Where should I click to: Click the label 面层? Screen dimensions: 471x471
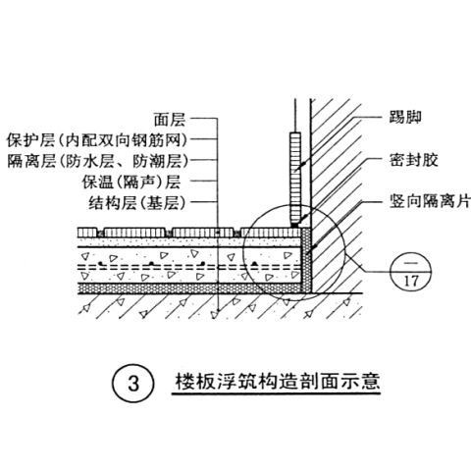pos(170,120)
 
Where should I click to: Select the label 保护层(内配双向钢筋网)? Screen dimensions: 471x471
pos(98,140)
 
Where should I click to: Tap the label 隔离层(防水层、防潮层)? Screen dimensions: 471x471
pos(98,161)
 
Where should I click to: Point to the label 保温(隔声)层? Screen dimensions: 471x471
pos(131,182)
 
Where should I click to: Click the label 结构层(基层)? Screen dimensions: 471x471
pos(137,203)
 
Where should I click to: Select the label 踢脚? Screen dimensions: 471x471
pos(405,117)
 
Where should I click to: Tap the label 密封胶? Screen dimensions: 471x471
pos(413,160)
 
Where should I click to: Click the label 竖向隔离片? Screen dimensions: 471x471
pos(430,201)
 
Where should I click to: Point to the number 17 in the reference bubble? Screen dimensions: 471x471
pos(411,281)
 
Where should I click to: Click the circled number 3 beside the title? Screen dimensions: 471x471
pos(133,383)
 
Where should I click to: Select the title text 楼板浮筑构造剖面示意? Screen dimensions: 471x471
pos(278,381)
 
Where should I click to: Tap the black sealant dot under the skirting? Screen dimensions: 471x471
pos(294,226)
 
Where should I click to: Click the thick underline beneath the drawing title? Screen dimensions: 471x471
pos(276,392)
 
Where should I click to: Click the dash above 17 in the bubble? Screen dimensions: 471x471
pos(411,262)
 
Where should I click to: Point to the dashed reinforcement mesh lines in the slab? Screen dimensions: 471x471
pos(189,267)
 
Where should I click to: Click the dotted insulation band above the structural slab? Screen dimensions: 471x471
pos(189,288)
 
